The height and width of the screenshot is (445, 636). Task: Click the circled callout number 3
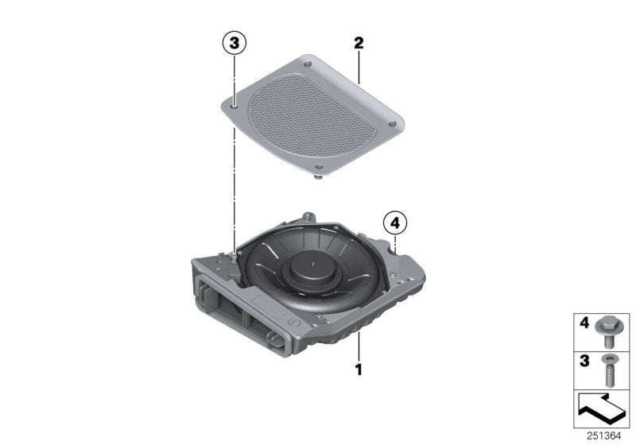235,44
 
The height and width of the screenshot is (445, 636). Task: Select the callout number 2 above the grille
359,43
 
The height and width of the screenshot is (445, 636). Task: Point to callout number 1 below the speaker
359,370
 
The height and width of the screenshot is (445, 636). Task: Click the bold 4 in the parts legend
584,325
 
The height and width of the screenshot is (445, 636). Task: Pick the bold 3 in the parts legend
584,362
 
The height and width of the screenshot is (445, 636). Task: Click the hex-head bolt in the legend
610,330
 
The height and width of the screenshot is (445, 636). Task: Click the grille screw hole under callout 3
235,102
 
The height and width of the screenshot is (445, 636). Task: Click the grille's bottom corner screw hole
318,167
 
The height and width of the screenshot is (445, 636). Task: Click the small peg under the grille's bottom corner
320,180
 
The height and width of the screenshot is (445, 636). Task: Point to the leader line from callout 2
359,68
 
